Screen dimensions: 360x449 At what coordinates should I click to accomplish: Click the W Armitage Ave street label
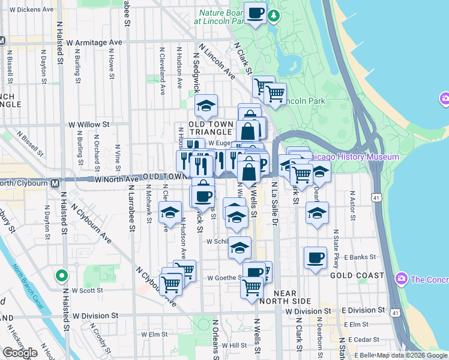[x=94, y=43]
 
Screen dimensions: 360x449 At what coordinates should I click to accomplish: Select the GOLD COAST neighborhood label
[x=357, y=275]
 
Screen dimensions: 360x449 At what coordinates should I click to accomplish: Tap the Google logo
[x=20, y=353]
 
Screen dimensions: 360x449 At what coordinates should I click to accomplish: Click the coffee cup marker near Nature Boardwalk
[x=255, y=12]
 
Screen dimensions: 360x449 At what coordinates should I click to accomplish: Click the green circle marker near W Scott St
[x=61, y=276]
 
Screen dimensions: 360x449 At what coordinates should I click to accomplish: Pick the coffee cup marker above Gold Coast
[x=315, y=259]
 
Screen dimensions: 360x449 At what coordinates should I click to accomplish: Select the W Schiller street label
[x=218, y=241]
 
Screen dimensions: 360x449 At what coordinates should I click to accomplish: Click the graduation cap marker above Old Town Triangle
[x=206, y=106]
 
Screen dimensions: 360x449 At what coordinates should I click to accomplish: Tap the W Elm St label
[x=154, y=334]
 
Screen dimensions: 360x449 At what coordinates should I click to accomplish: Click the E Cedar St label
[x=361, y=340]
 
